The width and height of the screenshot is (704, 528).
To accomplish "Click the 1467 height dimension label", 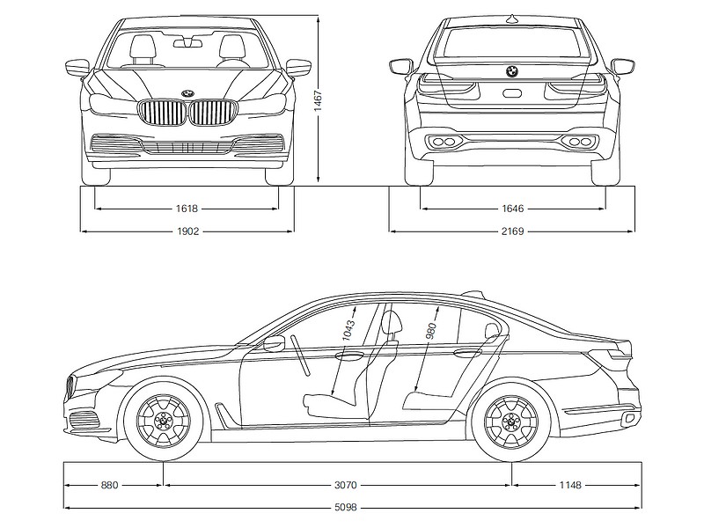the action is click(319, 101).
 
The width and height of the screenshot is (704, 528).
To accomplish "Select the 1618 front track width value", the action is click(187, 209).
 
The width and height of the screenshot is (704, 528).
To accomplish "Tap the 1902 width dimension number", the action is click(187, 231).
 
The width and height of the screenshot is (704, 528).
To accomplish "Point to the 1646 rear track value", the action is click(513, 209).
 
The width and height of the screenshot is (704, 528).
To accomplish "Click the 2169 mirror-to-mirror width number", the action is click(513, 231).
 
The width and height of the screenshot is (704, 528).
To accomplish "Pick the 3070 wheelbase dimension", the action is click(346, 486).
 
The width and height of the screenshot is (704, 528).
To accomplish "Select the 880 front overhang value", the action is click(109, 486).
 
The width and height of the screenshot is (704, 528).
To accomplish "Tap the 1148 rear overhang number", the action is click(570, 486).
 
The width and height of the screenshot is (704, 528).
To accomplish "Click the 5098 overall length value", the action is click(346, 508).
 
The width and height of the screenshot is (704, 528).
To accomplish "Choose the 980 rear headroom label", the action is click(433, 331).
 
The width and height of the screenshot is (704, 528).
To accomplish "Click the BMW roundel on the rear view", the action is click(512, 71).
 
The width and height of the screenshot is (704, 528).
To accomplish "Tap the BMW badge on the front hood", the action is click(187, 93).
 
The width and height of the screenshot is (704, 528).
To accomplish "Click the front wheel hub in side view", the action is click(163, 422).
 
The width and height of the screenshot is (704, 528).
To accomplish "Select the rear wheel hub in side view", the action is click(511, 422).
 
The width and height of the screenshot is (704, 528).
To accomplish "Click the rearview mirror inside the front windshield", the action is click(187, 43).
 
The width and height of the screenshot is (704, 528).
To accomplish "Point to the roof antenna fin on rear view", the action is click(512, 18).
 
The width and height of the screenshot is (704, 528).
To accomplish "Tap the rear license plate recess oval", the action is click(512, 93).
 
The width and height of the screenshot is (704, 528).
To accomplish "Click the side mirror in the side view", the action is click(275, 343).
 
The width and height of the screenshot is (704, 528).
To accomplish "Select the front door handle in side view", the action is click(349, 356).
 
